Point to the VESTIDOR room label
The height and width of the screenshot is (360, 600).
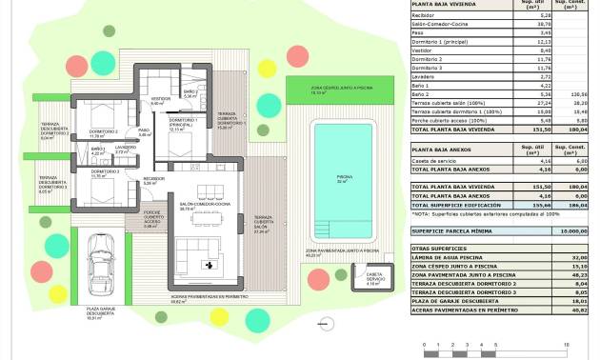coord(161,98)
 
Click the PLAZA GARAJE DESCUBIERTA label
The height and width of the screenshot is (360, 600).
coord(100,310)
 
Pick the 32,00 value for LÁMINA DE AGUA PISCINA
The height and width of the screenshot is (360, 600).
coord(581,258)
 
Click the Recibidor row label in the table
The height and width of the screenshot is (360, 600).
coord(427,16)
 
